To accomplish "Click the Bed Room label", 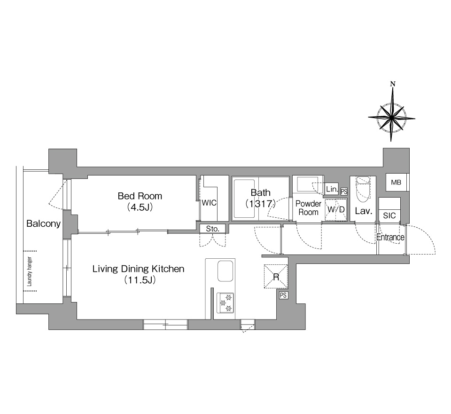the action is coord(140,196).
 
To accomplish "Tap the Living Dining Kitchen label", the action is coord(138,269).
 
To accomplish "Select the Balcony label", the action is coord(43,224).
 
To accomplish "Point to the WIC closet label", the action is coord(209,203).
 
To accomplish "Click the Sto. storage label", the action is coord(212,229).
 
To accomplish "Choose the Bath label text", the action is coord(261,192).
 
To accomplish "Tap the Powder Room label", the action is coord(308,208).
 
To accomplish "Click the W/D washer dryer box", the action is coord(336,209).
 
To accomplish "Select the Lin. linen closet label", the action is coord(332,189).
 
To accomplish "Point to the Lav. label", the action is coord(364,211).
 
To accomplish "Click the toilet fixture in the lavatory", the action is coord(363,190).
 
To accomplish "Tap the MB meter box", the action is coord(396,183).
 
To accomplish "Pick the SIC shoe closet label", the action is coord(389,215).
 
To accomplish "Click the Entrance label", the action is coord(390,238).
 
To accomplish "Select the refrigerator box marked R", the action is coord(276,277).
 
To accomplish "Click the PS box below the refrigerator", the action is coord(283,295).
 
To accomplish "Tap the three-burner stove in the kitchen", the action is coord(225,303).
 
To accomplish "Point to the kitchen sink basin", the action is coord(225,271).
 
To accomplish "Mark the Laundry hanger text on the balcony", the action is coord(30,271).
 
